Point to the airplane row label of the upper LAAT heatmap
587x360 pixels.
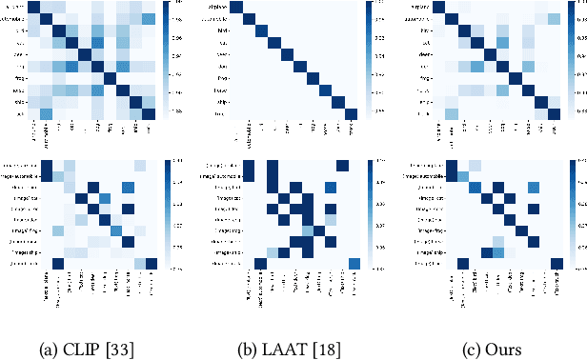point(219,9)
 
